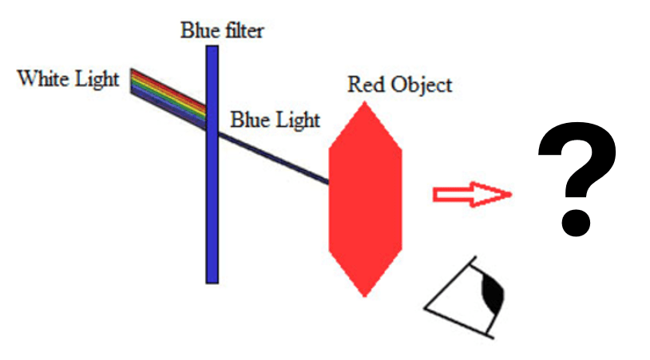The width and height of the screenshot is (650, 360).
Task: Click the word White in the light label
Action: tap(42, 78)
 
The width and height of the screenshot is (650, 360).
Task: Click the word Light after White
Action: tap(97, 80)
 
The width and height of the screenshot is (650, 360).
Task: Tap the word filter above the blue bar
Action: tap(244, 30)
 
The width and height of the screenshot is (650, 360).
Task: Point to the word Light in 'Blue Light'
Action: tap(298, 121)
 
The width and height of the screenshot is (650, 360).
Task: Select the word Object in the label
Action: tap(421, 85)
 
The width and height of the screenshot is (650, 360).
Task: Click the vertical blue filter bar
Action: tap(212, 164)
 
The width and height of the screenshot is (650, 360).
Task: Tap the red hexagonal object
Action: tap(365, 200)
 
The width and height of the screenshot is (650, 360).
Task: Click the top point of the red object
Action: tap(365, 102)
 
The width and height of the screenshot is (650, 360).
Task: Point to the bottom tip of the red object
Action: tap(365, 297)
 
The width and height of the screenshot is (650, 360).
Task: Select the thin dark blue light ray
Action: tap(274, 158)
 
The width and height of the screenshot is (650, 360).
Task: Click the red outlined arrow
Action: tap(473, 194)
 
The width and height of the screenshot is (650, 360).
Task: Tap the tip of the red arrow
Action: tap(512, 194)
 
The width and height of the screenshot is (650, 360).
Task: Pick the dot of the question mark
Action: tap(576, 223)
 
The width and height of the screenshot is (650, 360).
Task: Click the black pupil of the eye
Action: tap(492, 293)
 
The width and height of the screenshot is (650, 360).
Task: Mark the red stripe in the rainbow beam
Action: tap(168, 89)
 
